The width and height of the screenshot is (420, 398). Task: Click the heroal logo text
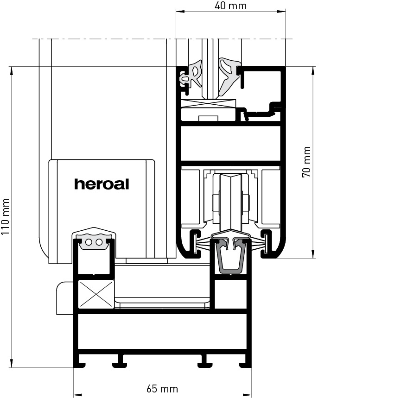(x=102, y=184)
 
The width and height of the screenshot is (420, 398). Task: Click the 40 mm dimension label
(x=230, y=6)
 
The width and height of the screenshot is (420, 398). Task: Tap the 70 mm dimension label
(x=306, y=162)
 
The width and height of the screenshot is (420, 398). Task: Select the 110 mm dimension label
(x=6, y=217)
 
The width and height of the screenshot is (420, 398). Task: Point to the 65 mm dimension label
(x=162, y=389)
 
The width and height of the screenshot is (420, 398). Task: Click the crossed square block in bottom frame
(x=96, y=294)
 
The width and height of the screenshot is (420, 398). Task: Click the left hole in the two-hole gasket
(x=89, y=242)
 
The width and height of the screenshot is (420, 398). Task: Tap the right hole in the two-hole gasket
(x=99, y=242)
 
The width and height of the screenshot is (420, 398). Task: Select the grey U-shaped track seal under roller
(x=230, y=257)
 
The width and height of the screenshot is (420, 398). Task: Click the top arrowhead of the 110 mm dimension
(x=11, y=71)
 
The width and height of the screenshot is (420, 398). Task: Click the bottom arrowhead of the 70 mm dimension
(x=313, y=254)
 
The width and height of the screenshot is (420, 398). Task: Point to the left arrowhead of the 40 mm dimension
(x=180, y=12)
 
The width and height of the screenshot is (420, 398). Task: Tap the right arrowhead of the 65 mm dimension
(x=247, y=395)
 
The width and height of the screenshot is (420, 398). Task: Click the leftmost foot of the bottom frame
(x=80, y=365)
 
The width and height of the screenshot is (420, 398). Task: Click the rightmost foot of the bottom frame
(x=245, y=365)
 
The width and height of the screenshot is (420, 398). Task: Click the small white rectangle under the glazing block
(x=208, y=118)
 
